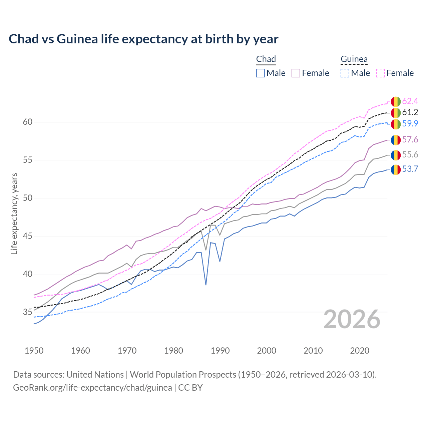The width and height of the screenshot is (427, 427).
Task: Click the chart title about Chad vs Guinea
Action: coord(143,39)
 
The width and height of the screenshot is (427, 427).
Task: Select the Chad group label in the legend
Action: coord(266,59)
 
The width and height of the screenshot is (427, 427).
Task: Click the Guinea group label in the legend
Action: coord(354,59)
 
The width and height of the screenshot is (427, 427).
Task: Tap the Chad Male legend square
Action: coord(261,73)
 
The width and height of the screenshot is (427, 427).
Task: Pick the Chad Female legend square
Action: coord(296,73)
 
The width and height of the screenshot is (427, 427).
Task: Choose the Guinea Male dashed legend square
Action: coord(345,73)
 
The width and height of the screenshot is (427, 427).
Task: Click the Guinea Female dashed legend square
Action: coord(381,73)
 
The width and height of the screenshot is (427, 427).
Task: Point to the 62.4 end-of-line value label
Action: coord(410,101)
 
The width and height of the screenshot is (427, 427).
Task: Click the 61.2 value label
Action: coord(410,112)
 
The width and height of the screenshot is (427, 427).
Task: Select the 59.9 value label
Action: coord(410,124)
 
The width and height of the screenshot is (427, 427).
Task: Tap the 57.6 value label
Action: coord(410,139)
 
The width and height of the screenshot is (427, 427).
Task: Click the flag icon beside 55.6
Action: coord(396,155)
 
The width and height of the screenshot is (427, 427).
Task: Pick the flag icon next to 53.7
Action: coord(396,169)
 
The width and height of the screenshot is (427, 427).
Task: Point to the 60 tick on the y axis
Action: coord(28,122)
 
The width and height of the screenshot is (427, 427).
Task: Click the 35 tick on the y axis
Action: coord(28,312)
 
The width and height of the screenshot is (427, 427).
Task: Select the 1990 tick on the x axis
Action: coord(220,351)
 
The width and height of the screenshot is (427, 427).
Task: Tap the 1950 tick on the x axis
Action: coord(34,351)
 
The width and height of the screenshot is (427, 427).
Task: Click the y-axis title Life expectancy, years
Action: coord(14,213)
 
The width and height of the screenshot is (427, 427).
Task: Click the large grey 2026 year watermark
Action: coord(352,319)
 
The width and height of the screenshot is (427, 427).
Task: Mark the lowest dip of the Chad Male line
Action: coord(206,285)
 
